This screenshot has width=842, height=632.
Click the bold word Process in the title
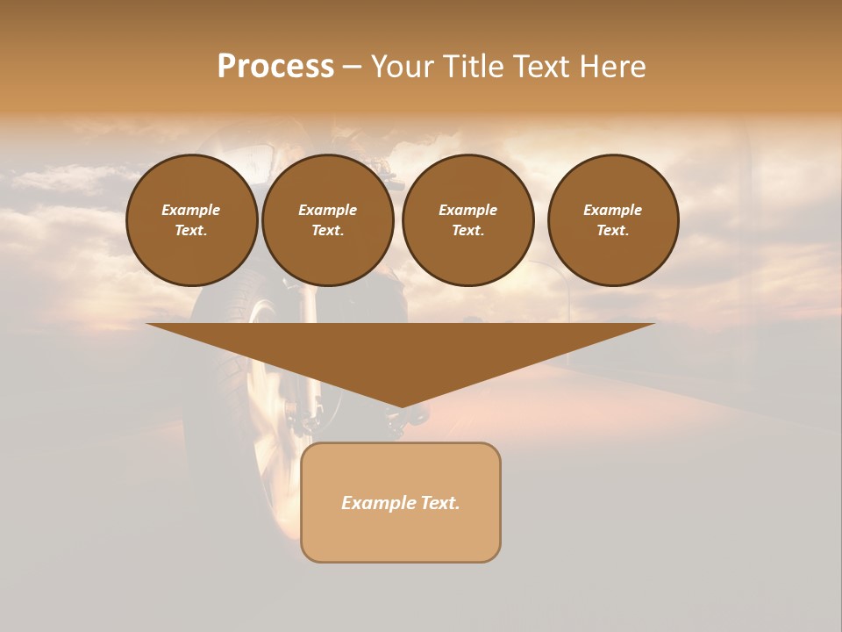tap(275, 67)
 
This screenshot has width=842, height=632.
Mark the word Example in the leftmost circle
tap(191, 210)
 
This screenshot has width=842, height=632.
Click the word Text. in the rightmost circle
tap(613, 230)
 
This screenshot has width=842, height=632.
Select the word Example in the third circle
tap(467, 210)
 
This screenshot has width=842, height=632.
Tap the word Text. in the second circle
tap(327, 230)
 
